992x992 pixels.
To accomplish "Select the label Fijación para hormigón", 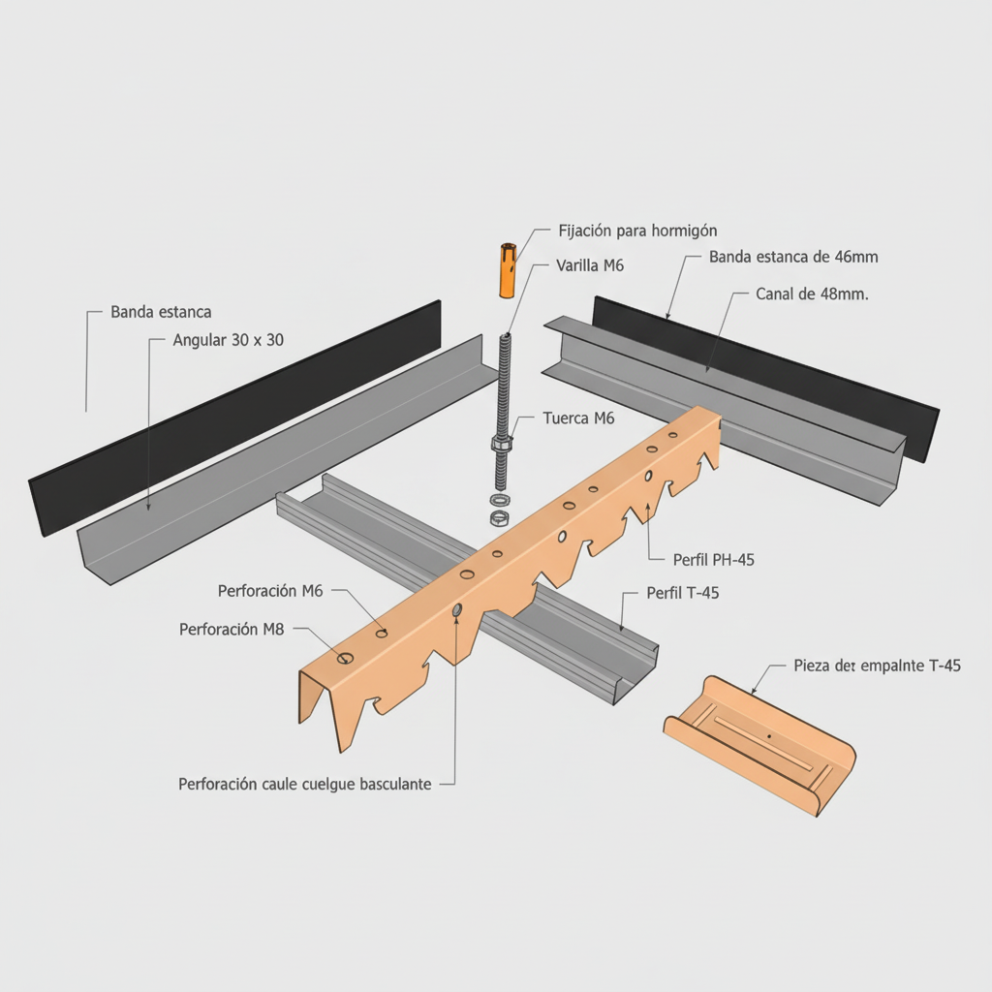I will [x=637, y=231].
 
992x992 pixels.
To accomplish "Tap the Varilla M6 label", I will [x=589, y=265].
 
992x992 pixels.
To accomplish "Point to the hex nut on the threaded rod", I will [x=501, y=445].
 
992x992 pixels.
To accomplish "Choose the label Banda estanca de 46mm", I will [x=793, y=257].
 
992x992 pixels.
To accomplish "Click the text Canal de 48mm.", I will [x=812, y=294].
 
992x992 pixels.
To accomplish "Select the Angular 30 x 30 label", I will [x=228, y=340].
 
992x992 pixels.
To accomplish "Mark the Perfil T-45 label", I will [x=682, y=594].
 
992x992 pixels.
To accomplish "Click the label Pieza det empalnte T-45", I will [x=877, y=666].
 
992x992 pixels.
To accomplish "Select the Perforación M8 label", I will [x=232, y=629].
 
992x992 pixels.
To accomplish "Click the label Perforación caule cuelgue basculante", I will [x=305, y=784].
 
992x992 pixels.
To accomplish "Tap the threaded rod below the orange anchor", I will [x=503, y=387].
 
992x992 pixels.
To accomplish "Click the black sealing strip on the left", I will [x=232, y=417].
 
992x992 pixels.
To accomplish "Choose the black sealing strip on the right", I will [x=765, y=373].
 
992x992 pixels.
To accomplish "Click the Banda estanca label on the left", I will [x=161, y=312].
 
